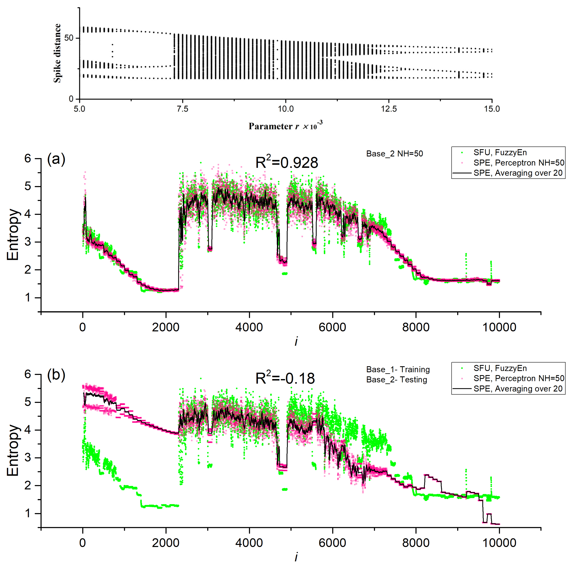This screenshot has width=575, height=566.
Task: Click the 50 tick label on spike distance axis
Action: pos(69,38)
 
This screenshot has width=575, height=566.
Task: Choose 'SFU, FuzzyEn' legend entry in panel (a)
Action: pos(500,152)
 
